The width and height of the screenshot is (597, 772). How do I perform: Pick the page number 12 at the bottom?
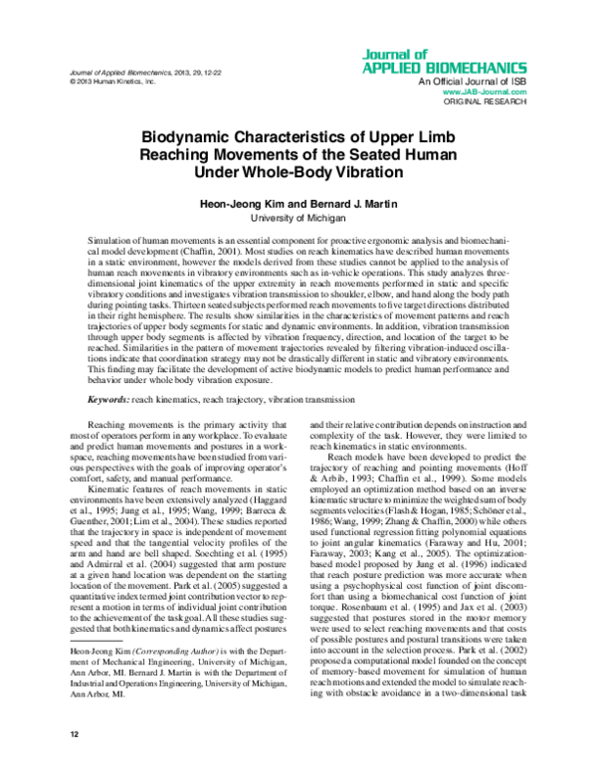pos(75,733)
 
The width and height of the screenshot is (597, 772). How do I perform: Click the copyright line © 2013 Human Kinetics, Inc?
pos(115,83)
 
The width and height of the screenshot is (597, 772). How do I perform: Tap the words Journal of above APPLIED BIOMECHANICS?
pos(454,54)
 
